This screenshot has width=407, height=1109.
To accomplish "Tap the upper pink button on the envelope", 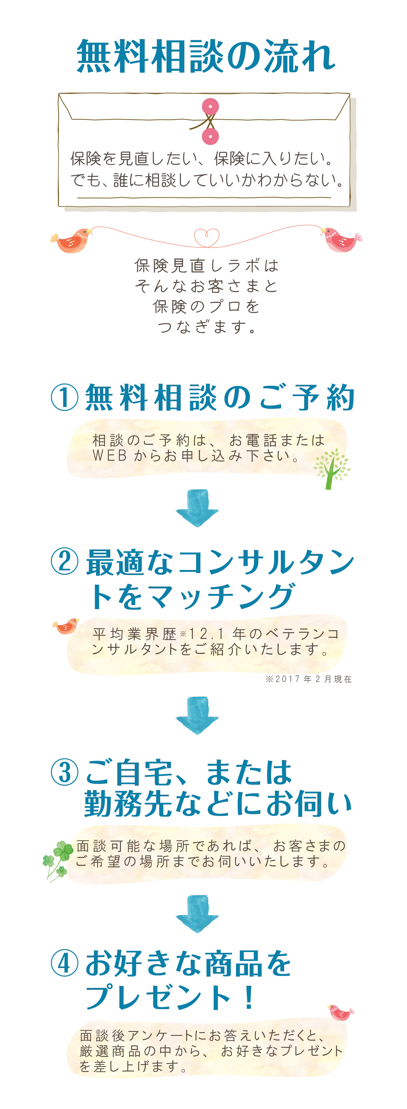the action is click(210, 106).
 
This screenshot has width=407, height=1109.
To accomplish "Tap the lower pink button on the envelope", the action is click(210, 136).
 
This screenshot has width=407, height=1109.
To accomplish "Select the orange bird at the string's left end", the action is click(71, 240).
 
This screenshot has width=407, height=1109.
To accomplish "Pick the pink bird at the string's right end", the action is click(341, 239).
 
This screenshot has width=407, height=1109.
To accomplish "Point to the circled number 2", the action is click(65, 561).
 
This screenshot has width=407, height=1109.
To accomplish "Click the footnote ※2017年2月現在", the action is click(309, 679).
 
